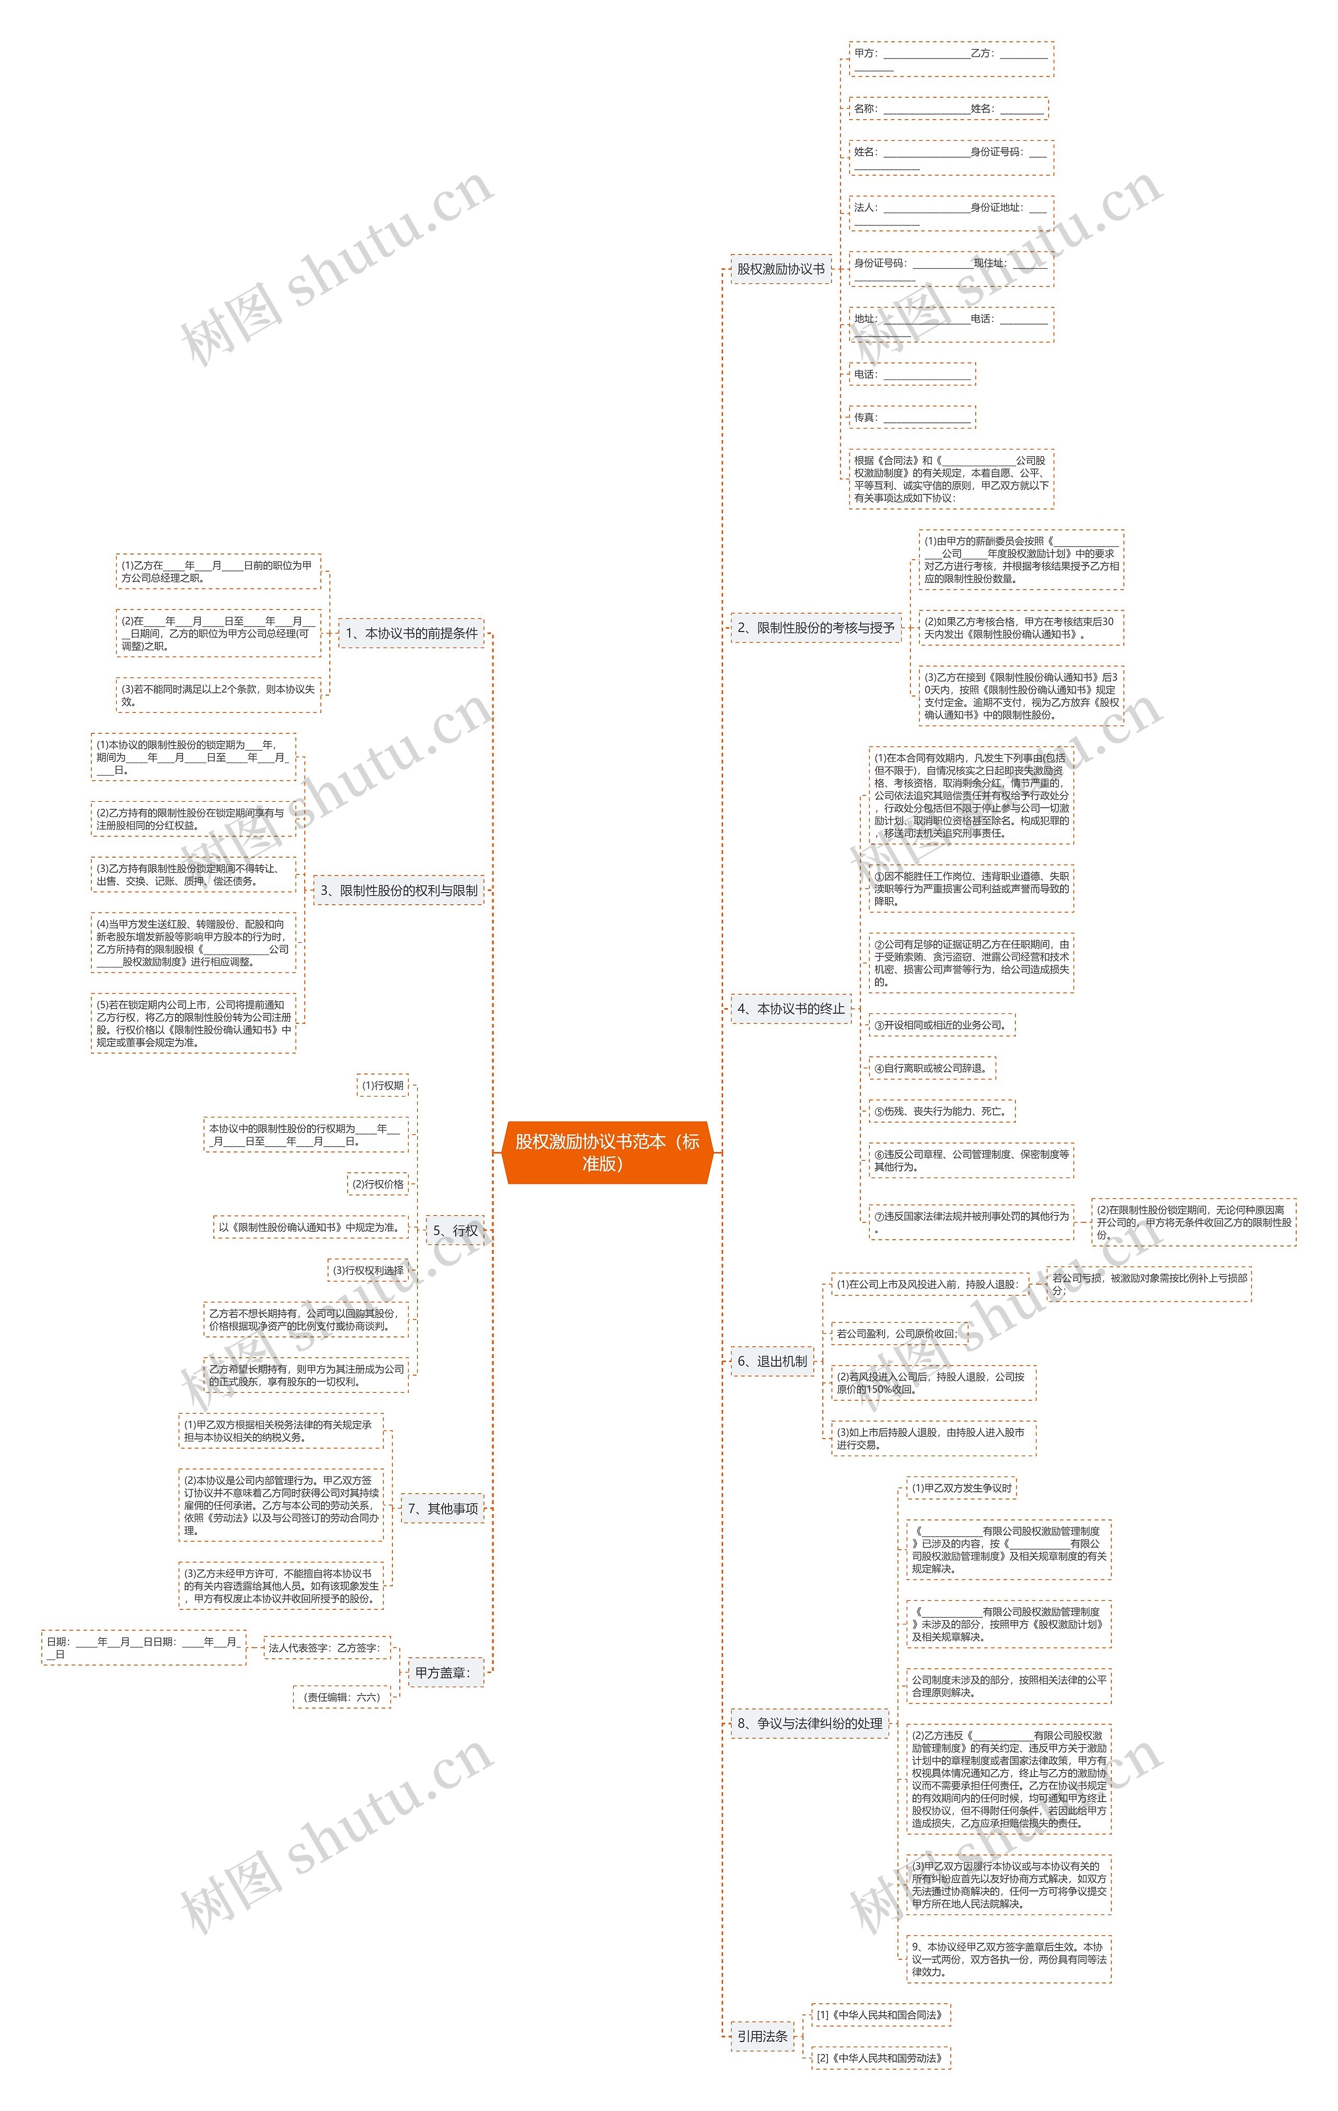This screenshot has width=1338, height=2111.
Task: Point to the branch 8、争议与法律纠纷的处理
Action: [x=809, y=1723]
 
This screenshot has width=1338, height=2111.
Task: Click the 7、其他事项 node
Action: [x=443, y=1508]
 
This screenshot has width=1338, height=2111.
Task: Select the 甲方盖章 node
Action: [x=443, y=1672]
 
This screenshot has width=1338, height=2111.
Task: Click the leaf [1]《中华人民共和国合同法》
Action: [x=880, y=2014]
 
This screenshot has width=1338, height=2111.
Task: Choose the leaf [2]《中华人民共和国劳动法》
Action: [x=880, y=2058]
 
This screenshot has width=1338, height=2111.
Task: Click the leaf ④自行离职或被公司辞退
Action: [x=932, y=1068]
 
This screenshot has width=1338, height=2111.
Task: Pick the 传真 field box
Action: [x=912, y=417]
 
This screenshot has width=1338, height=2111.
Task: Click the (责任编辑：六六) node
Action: [x=342, y=1697]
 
